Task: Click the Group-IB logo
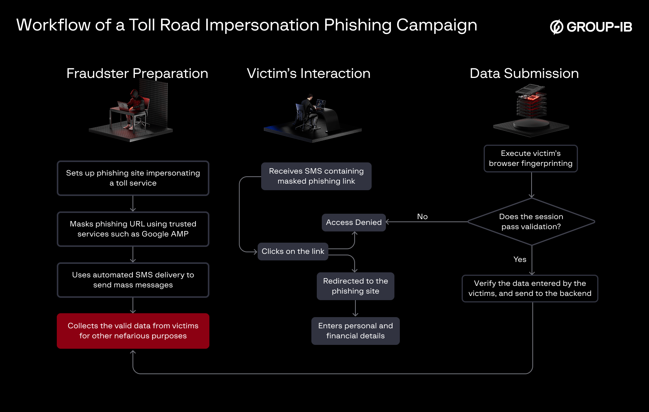591,27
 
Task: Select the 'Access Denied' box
353,223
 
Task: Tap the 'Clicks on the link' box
293,252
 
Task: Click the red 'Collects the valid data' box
133,331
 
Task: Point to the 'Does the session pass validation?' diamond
531,222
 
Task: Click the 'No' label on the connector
422,217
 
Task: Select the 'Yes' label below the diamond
520,260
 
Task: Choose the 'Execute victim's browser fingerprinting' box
530,159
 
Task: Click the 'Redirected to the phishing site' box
355,286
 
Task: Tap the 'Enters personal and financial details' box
355,331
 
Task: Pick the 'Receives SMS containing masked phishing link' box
316,176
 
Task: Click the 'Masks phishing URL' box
133,229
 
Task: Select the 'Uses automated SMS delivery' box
133,280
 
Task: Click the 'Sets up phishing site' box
133,178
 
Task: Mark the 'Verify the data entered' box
530,289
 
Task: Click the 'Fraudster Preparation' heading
137,73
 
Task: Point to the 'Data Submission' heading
524,73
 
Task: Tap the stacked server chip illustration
532,101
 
